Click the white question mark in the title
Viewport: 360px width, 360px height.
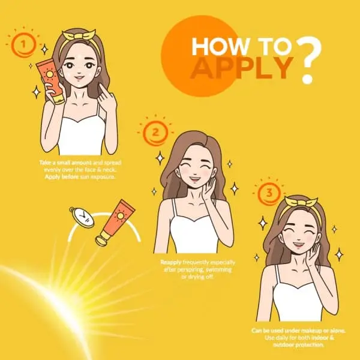point(310,59)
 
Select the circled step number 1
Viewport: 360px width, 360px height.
point(23,44)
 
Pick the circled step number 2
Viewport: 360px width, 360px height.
point(155,133)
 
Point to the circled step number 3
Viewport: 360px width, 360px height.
point(269,193)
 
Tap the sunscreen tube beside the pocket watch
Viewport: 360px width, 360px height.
point(115,223)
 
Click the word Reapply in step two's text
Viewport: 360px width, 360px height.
point(171,262)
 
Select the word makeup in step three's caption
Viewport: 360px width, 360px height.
point(311,331)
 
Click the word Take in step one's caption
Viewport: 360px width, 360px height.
point(45,163)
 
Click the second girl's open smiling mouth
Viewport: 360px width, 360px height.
point(194,178)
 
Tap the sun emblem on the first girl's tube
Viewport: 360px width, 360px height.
point(49,74)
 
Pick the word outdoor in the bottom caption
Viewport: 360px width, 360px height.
point(284,345)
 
